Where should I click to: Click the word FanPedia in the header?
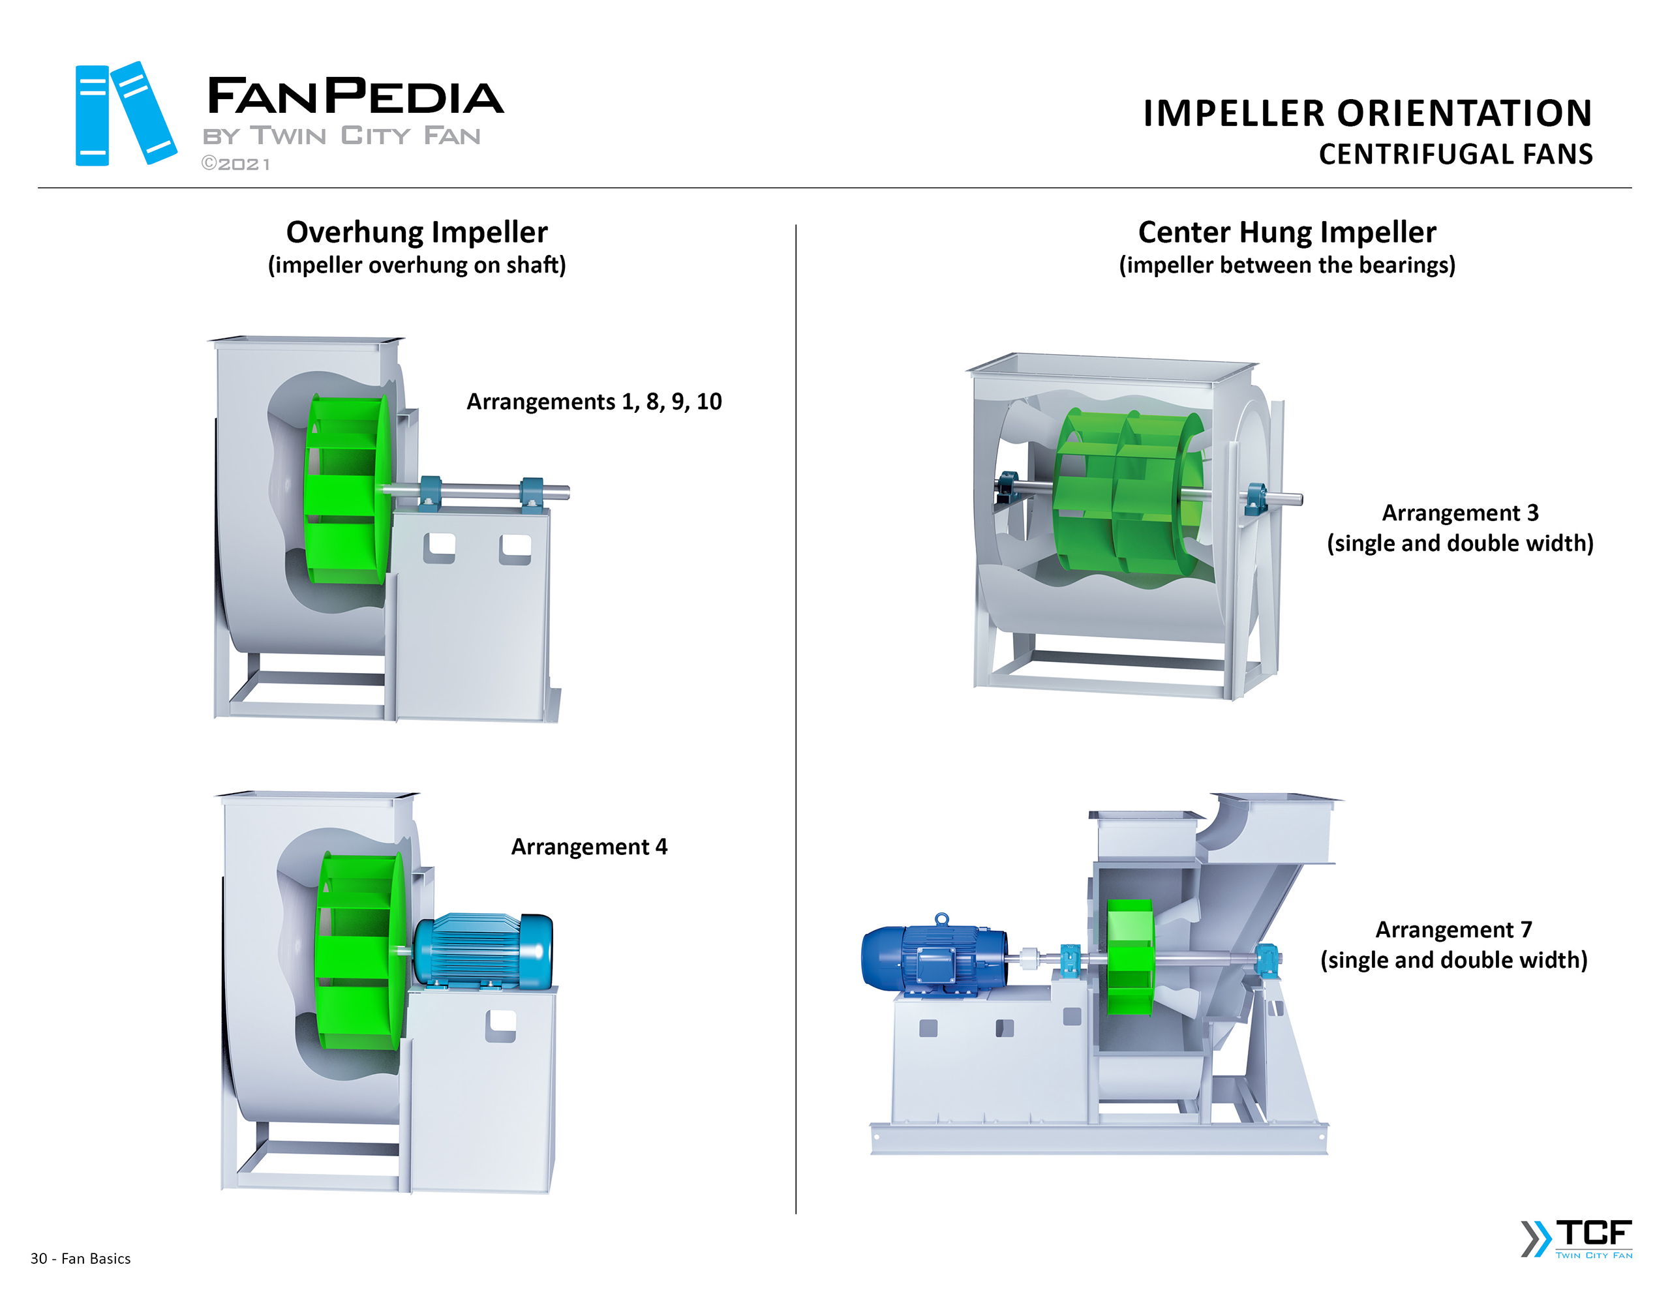(355, 97)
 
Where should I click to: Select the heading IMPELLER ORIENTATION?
(1367, 113)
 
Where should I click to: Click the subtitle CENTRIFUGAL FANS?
(1455, 155)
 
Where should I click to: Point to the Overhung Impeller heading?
(417, 232)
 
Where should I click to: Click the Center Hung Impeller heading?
(1286, 232)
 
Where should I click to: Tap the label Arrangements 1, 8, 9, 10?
(594, 402)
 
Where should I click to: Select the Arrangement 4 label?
(589, 847)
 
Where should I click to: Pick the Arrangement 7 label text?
(1453, 929)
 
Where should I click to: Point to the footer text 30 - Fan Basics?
(80, 1258)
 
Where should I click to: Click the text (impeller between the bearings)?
(1286, 265)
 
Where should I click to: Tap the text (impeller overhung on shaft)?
(417, 265)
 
